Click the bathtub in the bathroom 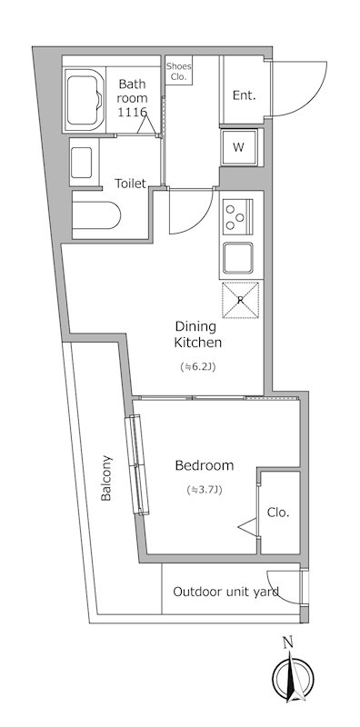(85, 100)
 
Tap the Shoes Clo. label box (178, 71)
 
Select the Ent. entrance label (244, 95)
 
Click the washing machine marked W (238, 147)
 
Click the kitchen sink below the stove (237, 258)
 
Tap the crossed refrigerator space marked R (240, 300)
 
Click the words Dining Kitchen (197, 334)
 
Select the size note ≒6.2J (198, 367)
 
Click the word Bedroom (205, 465)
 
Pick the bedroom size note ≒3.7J (205, 490)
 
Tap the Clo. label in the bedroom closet (278, 513)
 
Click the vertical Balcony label (106, 478)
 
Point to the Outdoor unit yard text (226, 592)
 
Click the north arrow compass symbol (294, 677)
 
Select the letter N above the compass (288, 642)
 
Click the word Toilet (130, 184)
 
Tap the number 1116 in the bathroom (132, 112)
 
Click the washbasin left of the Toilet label (81, 163)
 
